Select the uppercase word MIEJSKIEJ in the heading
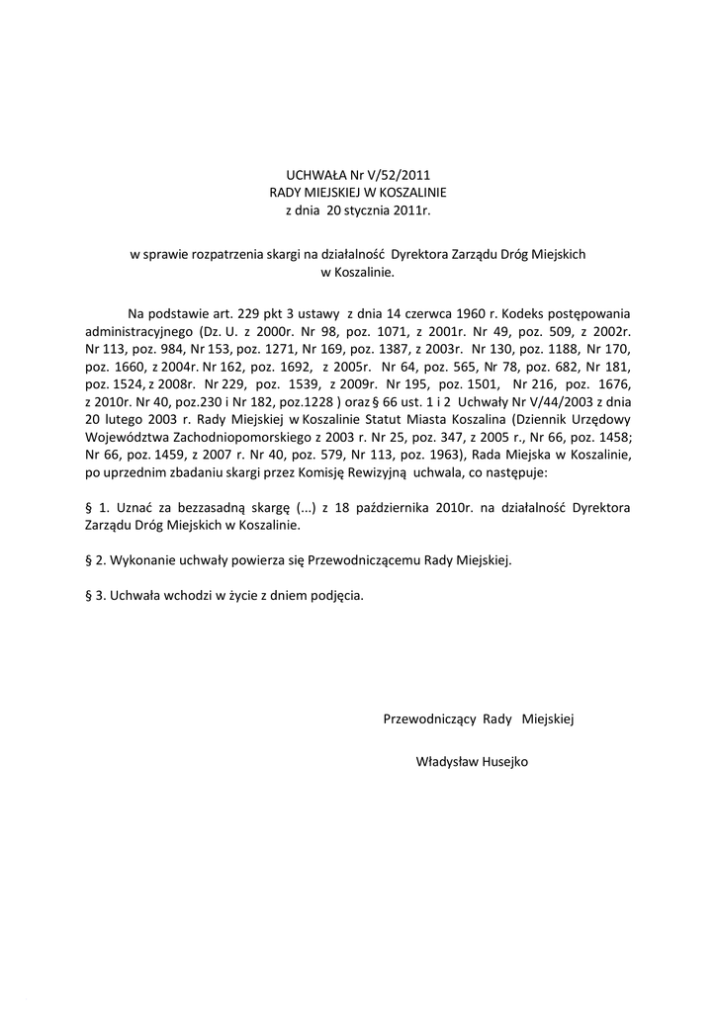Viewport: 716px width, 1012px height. pyautogui.click(x=335, y=192)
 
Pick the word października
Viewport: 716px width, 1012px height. pyautogui.click(x=399, y=507)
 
